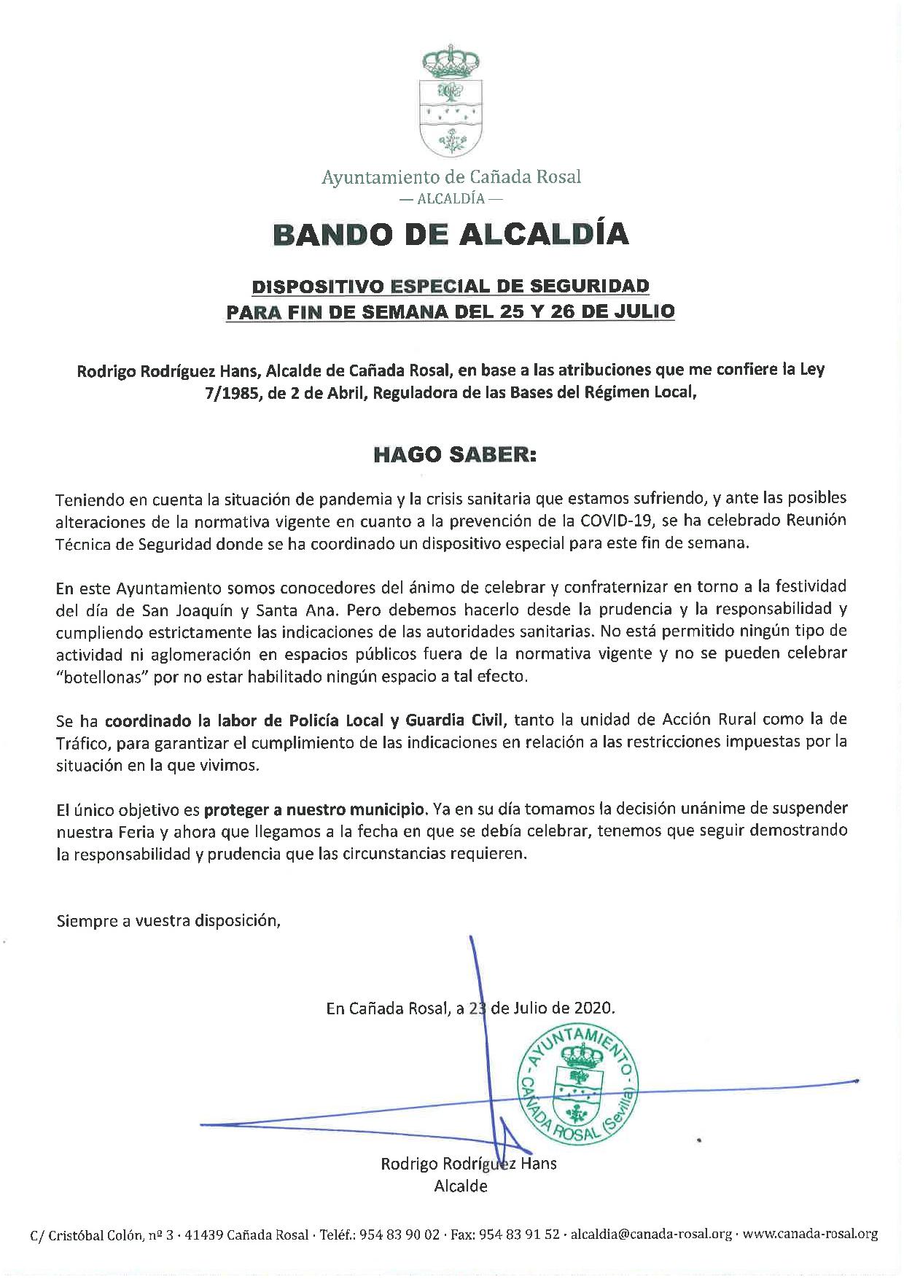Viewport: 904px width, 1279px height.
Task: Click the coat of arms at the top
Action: [452, 103]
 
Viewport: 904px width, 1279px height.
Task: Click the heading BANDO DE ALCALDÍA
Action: [451, 234]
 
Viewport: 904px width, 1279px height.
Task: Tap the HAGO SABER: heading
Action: [454, 455]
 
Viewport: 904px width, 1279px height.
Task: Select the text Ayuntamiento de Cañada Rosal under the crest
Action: [452, 177]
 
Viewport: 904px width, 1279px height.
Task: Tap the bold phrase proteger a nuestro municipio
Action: [315, 809]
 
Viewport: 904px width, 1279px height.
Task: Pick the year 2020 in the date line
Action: [594, 1008]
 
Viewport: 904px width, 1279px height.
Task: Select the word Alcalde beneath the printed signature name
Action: [461, 1186]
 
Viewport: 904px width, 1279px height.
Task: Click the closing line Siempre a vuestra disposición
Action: [168, 920]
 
